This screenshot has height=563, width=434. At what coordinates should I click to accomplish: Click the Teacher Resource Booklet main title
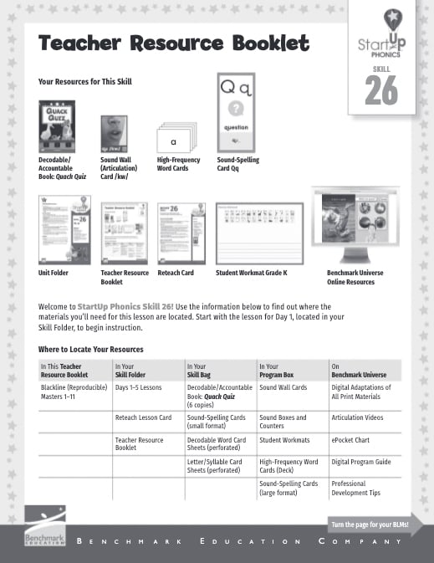[x=174, y=44]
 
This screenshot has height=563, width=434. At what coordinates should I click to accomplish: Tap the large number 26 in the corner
[x=381, y=91]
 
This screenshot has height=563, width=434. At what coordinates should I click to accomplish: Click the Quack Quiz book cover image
[x=57, y=126]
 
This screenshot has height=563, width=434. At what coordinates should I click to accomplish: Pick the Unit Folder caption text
[x=54, y=273]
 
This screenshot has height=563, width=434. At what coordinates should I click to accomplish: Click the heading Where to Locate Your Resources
[x=90, y=349]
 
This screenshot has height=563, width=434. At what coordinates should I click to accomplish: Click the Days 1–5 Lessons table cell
[x=138, y=388]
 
